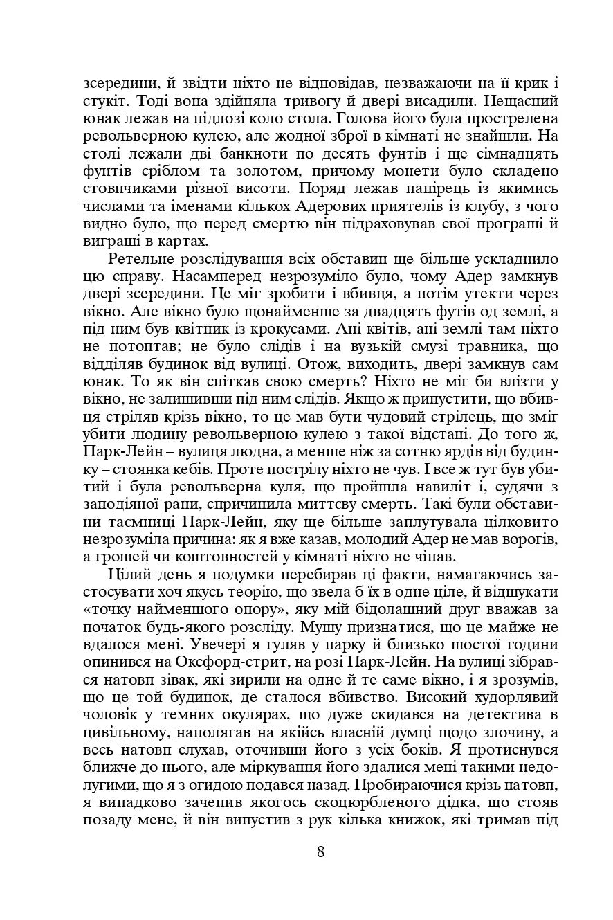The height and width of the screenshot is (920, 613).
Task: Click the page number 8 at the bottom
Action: click(320, 852)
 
